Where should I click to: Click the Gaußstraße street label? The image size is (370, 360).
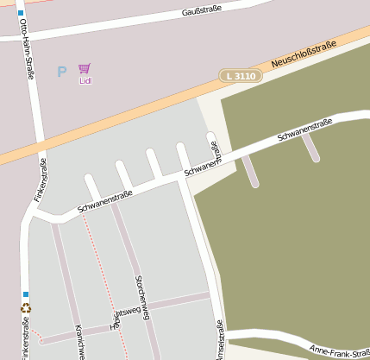[x=202, y=10]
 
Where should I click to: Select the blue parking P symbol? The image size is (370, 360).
[x=61, y=72]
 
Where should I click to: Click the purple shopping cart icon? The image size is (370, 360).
[x=85, y=68]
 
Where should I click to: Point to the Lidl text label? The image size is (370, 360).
[x=85, y=81]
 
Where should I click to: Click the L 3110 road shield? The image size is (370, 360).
[x=240, y=76]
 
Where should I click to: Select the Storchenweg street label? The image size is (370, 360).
[x=143, y=297]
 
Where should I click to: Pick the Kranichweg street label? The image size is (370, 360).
[x=79, y=342]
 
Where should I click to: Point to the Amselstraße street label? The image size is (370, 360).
[x=220, y=339]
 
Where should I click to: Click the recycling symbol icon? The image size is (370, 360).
[x=25, y=308]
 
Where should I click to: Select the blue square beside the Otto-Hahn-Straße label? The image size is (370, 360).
[x=21, y=13]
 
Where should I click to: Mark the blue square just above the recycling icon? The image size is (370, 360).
[x=26, y=294]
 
